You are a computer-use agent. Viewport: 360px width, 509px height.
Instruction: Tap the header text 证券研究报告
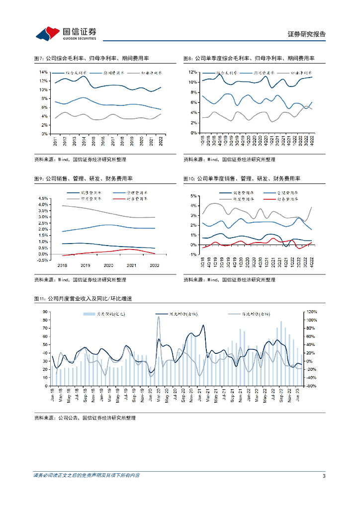coord(307,34)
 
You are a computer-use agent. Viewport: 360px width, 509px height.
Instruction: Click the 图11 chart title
coord(82,299)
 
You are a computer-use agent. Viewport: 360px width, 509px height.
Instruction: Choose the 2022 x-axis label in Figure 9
coord(154,265)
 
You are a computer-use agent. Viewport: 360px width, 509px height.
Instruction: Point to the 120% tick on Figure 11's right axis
coord(311,312)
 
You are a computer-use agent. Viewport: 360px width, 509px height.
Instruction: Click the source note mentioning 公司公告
coord(85,418)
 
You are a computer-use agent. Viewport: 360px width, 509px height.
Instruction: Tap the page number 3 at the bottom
coord(324,476)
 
